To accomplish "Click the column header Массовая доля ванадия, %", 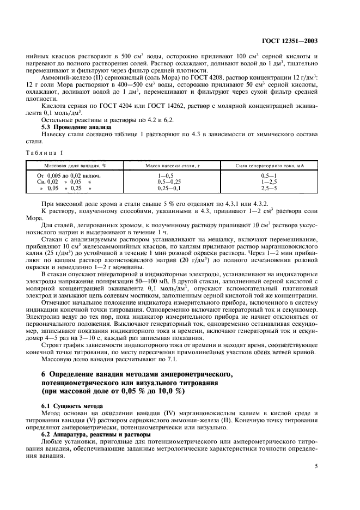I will click(75, 164).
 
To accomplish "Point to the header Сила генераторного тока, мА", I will click(269, 164).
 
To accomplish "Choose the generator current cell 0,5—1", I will click(269, 175).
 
